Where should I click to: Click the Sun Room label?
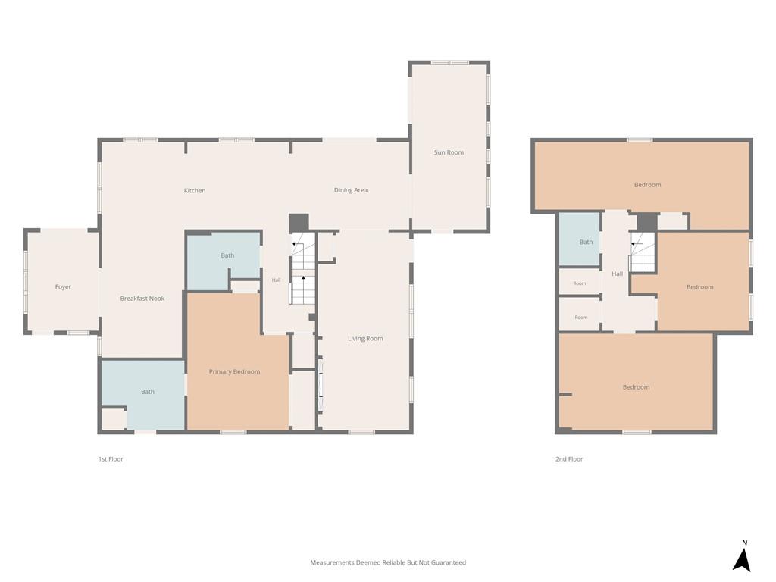pos(449,152)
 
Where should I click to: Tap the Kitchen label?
pos(195,190)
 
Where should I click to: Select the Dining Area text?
pos(350,190)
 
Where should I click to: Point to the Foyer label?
pos(63,287)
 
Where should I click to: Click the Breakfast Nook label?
pos(142,299)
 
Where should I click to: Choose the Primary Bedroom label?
pos(234,371)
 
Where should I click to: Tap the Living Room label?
pos(365,339)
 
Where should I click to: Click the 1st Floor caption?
pos(111,459)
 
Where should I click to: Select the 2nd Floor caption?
pos(569,459)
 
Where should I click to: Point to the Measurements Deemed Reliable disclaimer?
pos(388,563)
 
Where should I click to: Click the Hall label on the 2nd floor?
pos(617,274)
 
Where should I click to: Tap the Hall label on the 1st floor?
pos(276,280)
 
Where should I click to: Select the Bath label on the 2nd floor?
pos(586,242)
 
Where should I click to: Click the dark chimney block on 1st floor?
pos(299,223)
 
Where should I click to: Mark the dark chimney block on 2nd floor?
pos(647,222)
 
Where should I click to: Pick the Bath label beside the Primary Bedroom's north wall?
pos(227,255)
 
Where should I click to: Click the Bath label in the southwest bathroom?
pos(148,392)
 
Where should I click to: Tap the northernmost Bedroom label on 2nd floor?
pos(647,185)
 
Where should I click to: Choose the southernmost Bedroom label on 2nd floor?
pos(636,387)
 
